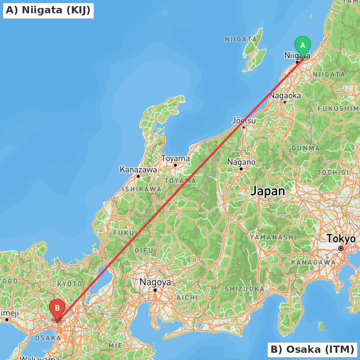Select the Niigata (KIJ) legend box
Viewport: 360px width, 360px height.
coord(48,10)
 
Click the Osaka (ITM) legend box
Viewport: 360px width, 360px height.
coord(312,349)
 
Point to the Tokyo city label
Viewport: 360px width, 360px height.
coord(341,239)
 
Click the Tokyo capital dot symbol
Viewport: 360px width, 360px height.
coord(341,248)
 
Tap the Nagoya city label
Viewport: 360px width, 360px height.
coord(155,282)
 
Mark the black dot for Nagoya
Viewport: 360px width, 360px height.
coord(155,290)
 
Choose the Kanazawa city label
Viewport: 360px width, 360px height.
coord(138,169)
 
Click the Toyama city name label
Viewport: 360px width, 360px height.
coord(175,158)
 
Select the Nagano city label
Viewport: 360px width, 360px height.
coord(241,162)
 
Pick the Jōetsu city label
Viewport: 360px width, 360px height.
coord(244,120)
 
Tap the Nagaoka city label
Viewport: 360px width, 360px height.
coord(285,96)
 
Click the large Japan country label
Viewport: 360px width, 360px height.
coord(268,191)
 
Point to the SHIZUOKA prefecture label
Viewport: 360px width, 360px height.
coord(244,289)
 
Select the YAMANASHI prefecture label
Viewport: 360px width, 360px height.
coord(273,237)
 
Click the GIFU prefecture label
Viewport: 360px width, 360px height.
coord(144,250)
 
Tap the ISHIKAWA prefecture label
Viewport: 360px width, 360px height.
coord(142,189)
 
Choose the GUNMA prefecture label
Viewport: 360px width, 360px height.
coord(306,148)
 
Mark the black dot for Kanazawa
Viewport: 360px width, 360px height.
coord(138,176)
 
